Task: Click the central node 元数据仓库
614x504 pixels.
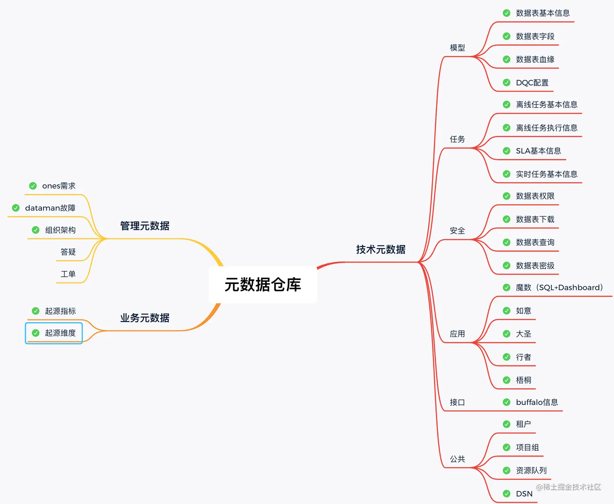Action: point(263,285)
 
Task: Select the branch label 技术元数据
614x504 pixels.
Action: point(381,250)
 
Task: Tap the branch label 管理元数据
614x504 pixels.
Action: point(145,226)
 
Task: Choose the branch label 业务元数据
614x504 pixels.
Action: point(145,318)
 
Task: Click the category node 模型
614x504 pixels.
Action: point(457,48)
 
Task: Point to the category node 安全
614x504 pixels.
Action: point(457,231)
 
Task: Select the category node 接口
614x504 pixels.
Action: point(457,403)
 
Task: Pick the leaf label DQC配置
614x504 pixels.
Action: point(532,83)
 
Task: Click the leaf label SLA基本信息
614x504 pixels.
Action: point(538,151)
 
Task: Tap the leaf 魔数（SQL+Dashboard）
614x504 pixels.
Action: point(559,288)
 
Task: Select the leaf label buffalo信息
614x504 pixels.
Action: point(537,402)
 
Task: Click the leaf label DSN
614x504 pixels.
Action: point(524,494)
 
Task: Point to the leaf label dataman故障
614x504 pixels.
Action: point(50,208)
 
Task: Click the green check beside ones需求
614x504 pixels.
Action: point(33,186)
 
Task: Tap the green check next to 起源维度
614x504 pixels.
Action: point(36,333)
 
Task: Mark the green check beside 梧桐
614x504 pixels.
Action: point(506,380)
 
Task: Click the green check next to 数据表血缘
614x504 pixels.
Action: point(506,60)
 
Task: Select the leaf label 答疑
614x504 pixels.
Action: point(68,252)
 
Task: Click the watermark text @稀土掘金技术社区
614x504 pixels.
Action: point(568,487)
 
